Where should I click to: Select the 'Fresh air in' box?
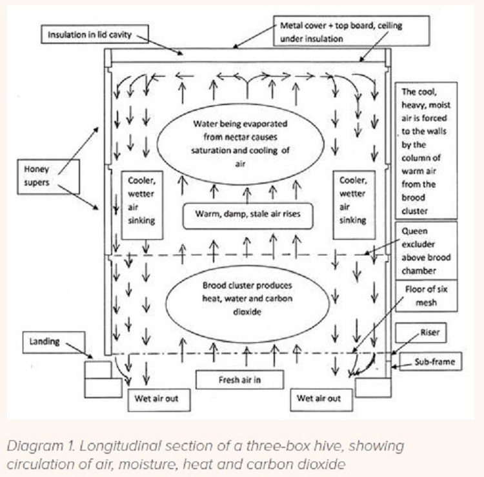point(239,380)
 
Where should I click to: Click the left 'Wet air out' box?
point(160,399)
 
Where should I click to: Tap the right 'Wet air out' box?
point(323,399)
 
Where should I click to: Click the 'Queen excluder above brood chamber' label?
point(426,249)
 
